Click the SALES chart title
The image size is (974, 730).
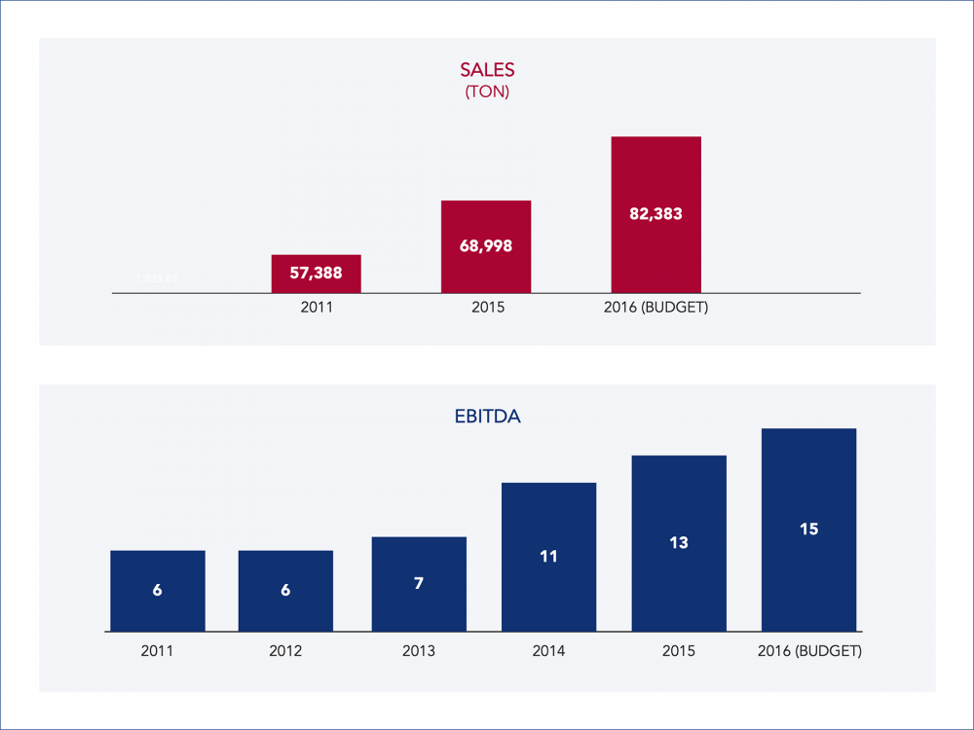487,70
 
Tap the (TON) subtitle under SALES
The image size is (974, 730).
487,92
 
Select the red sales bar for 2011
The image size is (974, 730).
317,274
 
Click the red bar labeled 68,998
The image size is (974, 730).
486,246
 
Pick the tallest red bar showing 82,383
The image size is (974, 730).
656,214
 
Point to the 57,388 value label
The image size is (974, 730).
317,274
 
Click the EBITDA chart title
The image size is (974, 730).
487,416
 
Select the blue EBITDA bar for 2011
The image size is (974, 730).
158,591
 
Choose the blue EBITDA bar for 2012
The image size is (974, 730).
285,591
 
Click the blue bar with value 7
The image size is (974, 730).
419,584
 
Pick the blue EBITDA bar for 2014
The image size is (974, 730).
548,557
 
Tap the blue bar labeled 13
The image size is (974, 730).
679,543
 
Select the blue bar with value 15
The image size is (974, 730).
808,529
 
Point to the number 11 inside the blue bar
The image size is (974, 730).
548,557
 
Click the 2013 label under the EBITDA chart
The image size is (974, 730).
419,650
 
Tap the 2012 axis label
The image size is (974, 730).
285,650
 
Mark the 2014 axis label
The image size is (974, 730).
548,650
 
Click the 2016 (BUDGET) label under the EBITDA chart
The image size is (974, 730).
809,650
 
